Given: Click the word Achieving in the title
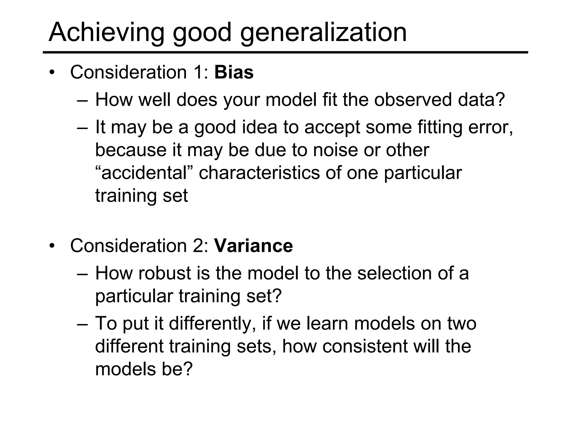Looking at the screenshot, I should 106,33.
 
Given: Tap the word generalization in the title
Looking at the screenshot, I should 323,33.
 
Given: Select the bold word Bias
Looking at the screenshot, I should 234,72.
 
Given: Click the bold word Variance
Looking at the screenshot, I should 253,246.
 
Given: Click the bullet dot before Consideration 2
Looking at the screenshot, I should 52,246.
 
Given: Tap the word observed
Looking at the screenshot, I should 413,100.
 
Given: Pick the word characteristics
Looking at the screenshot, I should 259,173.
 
